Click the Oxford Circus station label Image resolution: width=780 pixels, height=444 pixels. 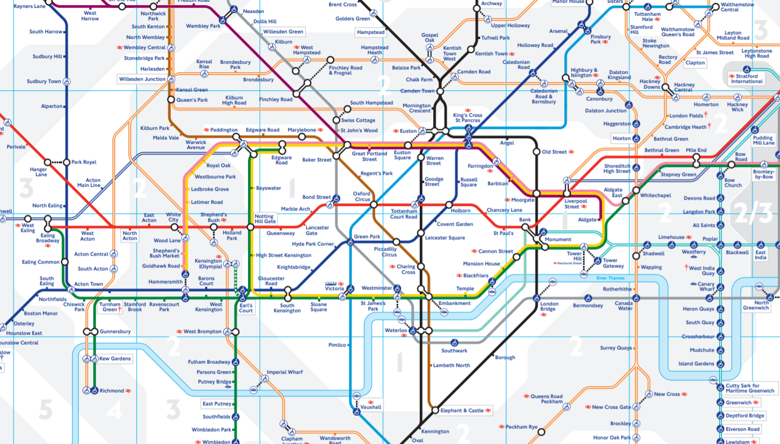(362, 196)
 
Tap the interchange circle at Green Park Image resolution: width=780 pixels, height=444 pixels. (350, 243)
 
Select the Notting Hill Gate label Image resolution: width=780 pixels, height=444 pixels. (264, 219)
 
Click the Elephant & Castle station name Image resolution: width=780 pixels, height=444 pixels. (462, 410)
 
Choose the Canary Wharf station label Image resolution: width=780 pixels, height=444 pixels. (706, 287)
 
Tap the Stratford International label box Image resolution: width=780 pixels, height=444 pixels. (747, 78)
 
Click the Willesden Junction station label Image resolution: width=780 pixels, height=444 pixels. (142, 79)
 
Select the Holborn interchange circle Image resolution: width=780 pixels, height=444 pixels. (449, 205)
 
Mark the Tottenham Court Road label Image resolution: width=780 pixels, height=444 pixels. (404, 214)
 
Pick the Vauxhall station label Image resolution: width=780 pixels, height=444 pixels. (371, 407)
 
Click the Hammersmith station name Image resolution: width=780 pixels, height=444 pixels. (165, 281)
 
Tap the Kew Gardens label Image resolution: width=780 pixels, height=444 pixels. (115, 358)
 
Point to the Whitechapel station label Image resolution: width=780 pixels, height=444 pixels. (656, 195)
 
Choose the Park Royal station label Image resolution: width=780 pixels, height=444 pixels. (84, 162)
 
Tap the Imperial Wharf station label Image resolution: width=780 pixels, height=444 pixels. (285, 372)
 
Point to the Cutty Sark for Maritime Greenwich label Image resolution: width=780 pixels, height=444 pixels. (750, 389)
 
